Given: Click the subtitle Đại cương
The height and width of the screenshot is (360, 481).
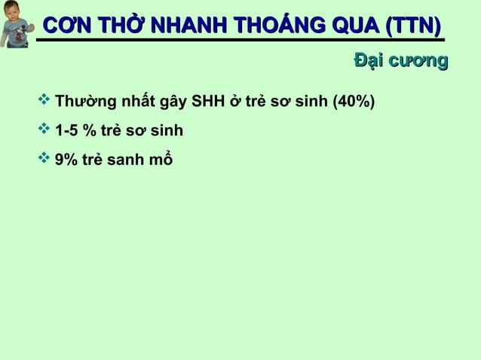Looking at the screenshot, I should pos(400,62).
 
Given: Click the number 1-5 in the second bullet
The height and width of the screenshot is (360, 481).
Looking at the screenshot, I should pos(67,132).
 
